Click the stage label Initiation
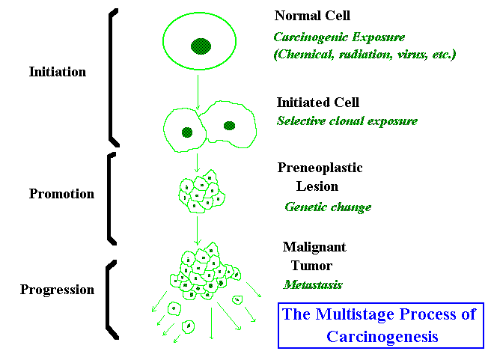pos(58,73)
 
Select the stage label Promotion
pos(61,194)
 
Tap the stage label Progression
pos(58,290)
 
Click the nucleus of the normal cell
pos(200,46)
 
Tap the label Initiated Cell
pos(318,103)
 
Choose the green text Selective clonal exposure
pos(347,121)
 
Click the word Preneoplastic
pos(320,168)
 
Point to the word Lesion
pos(319,186)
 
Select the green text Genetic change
pos(328,207)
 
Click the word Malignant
pos(314,246)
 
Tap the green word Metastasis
pos(312,284)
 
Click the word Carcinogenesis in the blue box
pos(382,337)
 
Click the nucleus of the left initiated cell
pos(187,132)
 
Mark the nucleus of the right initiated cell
pos(230,126)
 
